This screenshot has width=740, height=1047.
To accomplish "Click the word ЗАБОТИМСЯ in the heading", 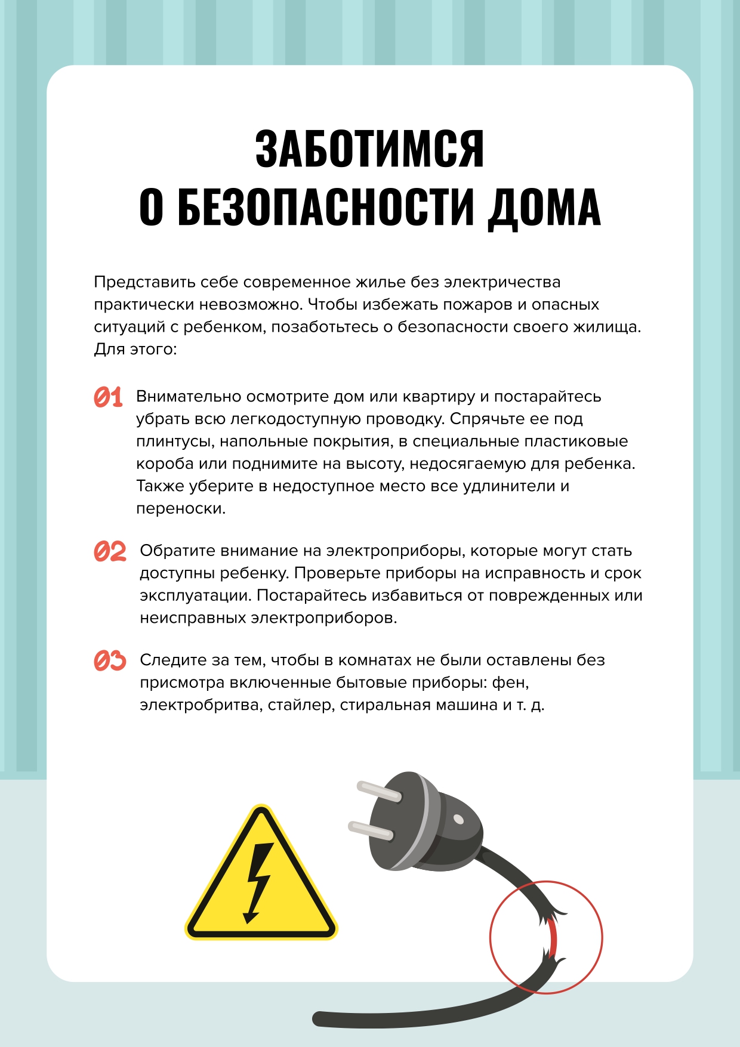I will tap(369, 149).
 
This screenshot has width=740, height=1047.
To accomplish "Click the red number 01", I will tap(108, 397).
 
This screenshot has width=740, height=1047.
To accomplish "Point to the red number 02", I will tap(110, 551).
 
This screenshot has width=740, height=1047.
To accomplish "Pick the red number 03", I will tap(110, 660).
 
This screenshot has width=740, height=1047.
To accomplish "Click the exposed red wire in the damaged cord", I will tap(552, 937).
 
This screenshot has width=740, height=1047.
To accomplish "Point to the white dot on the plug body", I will tap(458, 819).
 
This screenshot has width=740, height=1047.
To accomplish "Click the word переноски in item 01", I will tap(180, 509).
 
